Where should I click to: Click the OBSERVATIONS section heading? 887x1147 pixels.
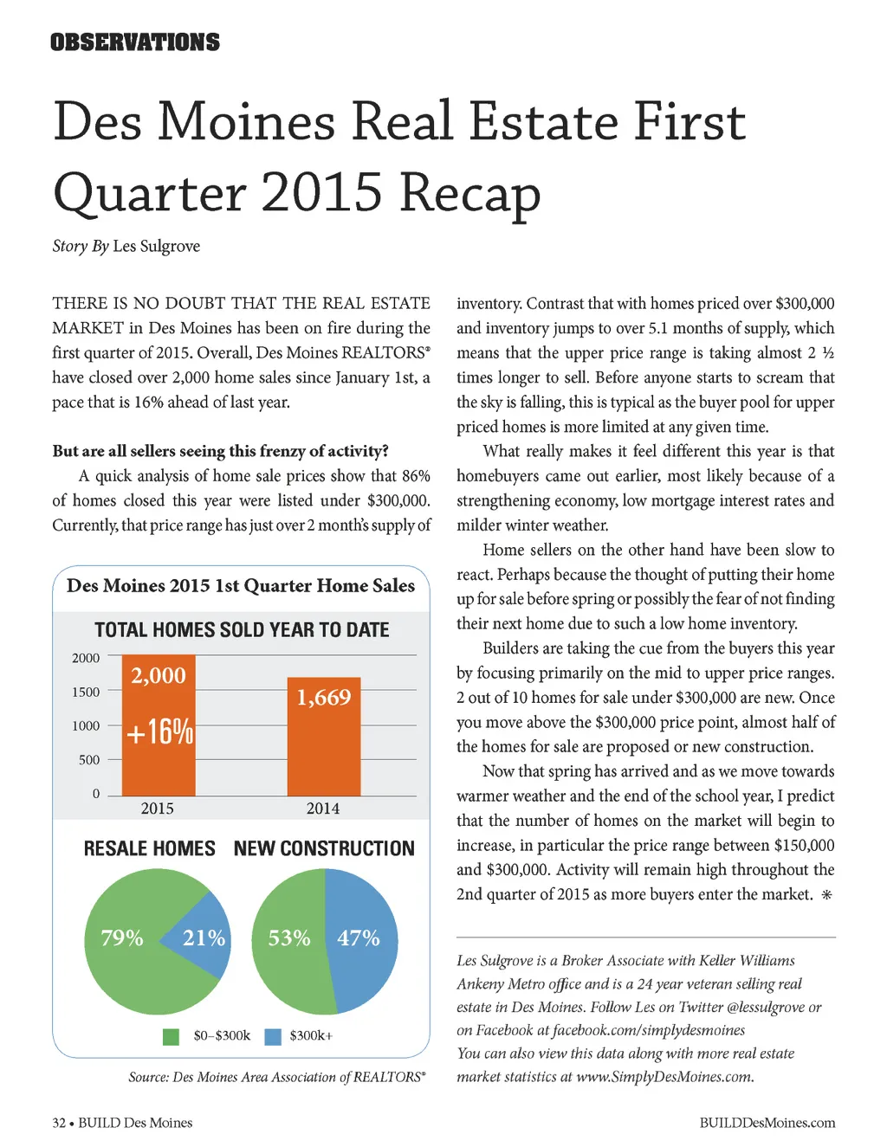coord(135,42)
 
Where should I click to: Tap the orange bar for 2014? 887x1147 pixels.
coord(323,753)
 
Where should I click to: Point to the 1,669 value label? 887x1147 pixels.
coord(324,697)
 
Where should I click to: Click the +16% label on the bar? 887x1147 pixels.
coord(159,731)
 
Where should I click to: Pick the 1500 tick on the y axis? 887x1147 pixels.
coord(86,692)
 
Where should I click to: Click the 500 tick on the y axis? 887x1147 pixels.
coord(89,759)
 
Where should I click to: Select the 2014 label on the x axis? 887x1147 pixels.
coord(323,808)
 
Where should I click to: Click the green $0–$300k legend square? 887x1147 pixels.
coord(171,1036)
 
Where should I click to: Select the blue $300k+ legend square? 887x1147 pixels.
coord(273,1036)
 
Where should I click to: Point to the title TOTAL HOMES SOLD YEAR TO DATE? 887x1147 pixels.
coord(242,629)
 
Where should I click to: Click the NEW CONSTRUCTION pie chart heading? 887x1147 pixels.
coord(324,848)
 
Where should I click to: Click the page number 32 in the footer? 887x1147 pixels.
coord(59,1123)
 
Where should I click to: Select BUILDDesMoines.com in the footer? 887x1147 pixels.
coord(767,1123)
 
